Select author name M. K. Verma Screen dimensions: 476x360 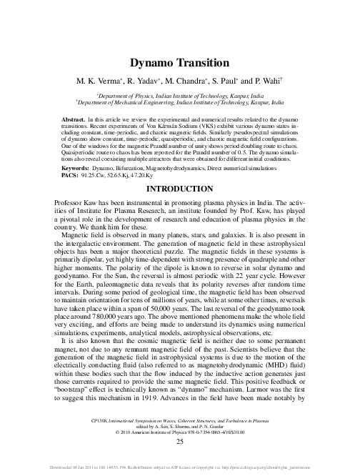[97, 80]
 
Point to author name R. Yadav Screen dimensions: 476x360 [140, 80]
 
